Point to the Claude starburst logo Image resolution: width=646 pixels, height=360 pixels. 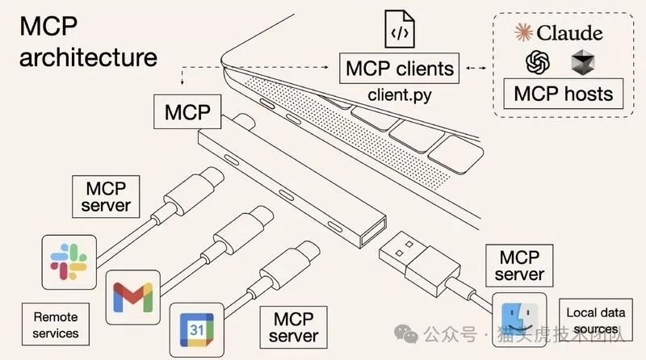point(524,33)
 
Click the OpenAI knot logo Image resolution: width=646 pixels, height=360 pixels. point(538,63)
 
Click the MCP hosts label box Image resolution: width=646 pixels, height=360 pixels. point(563,94)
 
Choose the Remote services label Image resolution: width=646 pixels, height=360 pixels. point(56,325)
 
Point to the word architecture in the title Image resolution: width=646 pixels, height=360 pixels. point(87,57)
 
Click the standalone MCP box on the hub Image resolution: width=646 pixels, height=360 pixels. point(187,111)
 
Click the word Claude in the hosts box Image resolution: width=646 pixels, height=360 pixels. point(570,33)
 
